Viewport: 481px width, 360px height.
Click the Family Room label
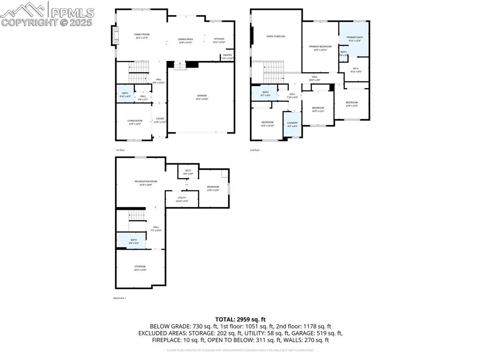[x=142, y=34]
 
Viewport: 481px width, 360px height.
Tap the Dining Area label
[x=186, y=39]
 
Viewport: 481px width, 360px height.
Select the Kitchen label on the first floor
[x=219, y=39]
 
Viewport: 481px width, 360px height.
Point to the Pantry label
[x=228, y=55]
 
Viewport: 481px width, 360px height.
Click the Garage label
[x=202, y=96]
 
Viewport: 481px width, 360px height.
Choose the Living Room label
[x=135, y=121]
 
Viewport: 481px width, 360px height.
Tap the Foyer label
[x=160, y=119]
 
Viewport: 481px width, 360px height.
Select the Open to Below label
[x=276, y=36]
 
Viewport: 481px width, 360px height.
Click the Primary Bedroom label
[x=320, y=46]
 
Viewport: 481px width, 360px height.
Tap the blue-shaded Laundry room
[x=292, y=124]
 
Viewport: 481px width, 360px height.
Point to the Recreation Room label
[x=146, y=181]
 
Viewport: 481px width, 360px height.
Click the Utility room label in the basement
[x=182, y=198]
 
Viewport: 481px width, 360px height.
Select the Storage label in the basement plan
[x=140, y=267]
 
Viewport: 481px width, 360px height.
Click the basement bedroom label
[x=213, y=187]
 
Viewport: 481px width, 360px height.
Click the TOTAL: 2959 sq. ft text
[x=240, y=319]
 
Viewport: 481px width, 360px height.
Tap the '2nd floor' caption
[x=254, y=150]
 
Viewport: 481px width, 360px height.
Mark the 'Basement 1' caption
[x=120, y=298]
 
